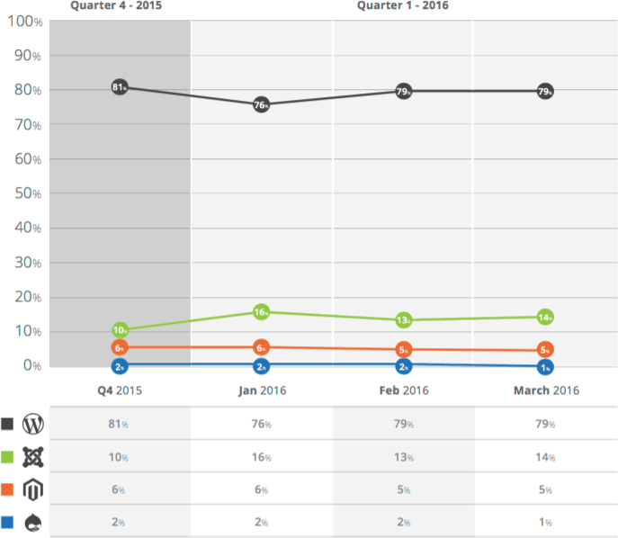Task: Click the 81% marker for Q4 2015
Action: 120,87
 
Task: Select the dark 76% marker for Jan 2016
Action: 261,104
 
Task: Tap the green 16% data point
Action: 261,312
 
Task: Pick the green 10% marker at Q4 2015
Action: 120,331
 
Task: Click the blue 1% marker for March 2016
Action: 545,367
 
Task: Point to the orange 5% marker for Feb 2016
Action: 404,349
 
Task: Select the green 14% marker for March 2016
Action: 545,317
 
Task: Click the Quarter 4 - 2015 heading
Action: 117,6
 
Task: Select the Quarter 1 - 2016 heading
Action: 402,6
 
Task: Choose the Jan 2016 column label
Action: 261,390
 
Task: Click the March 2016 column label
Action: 546,390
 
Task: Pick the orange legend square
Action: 8,489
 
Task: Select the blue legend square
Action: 8,522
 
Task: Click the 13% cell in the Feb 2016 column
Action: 403,457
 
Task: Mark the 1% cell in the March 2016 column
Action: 545,522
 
